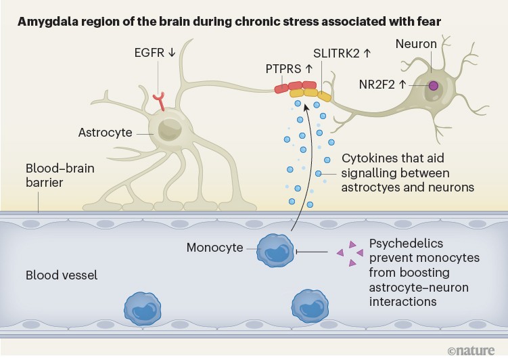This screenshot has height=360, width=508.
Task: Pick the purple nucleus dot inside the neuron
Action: click(x=433, y=85)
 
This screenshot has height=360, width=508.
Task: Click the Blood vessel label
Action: click(x=62, y=275)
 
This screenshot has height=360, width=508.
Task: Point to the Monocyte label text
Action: click(x=214, y=248)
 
